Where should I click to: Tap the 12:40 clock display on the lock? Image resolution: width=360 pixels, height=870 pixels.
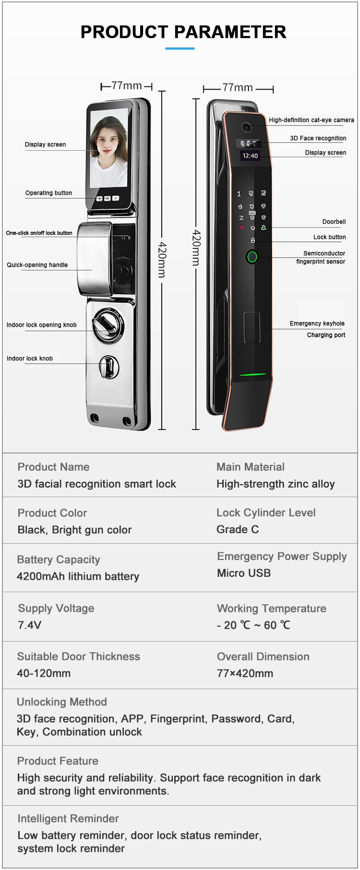click(x=250, y=155)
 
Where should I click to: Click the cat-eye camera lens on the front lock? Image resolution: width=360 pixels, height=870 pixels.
click(x=247, y=128)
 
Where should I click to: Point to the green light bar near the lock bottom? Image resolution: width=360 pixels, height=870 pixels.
click(x=253, y=374)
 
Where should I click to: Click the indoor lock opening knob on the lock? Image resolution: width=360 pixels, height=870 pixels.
click(x=107, y=325)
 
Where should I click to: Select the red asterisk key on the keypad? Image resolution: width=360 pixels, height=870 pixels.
click(x=241, y=228)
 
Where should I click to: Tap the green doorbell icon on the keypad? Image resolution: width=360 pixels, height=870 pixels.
click(x=263, y=227)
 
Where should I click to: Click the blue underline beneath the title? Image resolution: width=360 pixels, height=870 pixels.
click(x=180, y=48)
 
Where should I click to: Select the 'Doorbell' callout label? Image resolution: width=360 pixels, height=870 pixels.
click(x=334, y=222)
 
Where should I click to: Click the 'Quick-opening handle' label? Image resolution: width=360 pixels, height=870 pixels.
click(x=37, y=265)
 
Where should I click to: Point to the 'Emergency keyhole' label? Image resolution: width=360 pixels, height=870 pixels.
click(x=317, y=323)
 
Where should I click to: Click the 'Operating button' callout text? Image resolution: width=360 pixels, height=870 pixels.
click(x=48, y=193)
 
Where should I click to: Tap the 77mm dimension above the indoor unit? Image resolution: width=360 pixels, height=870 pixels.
click(x=127, y=85)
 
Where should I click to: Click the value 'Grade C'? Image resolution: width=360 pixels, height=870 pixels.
click(x=238, y=529)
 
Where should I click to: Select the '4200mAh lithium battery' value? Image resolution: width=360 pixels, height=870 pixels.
click(x=78, y=576)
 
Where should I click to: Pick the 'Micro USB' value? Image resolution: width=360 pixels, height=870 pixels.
click(x=244, y=573)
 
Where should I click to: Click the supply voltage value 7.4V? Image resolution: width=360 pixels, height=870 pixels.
click(x=29, y=625)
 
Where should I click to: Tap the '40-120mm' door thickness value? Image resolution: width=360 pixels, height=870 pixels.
click(x=44, y=673)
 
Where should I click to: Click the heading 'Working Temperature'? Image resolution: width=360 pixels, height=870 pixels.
click(x=272, y=608)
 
